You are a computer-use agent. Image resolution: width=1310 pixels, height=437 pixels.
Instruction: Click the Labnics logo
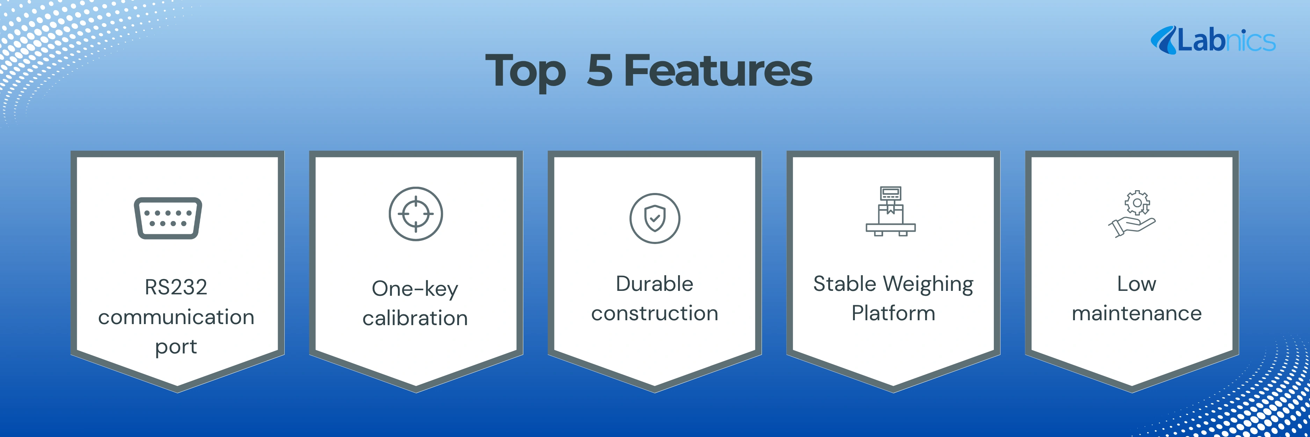coord(1213,40)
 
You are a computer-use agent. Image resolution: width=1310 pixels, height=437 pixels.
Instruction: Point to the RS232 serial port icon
coord(168,218)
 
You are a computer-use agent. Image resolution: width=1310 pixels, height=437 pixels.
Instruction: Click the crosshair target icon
coord(416,214)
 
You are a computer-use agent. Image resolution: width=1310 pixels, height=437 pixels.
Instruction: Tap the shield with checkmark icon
coord(655,218)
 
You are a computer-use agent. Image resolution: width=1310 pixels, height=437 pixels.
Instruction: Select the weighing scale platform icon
coord(891,211)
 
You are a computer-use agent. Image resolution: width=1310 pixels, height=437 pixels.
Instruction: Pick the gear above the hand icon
coord(1137,202)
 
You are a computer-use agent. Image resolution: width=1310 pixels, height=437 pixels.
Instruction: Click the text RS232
coord(176,287)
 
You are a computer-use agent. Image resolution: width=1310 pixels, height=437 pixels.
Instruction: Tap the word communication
coord(176,317)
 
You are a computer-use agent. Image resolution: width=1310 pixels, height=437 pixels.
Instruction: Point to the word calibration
coord(415,318)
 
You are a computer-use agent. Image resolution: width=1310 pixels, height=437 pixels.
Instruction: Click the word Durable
coord(655,284)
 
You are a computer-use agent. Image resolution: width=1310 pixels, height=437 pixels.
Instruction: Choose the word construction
coord(655,313)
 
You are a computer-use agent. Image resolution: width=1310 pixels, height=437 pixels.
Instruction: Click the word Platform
coord(894,313)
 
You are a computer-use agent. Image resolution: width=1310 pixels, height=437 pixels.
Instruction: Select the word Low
coord(1137,284)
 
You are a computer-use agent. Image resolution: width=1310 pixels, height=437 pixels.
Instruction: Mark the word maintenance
coord(1137,313)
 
